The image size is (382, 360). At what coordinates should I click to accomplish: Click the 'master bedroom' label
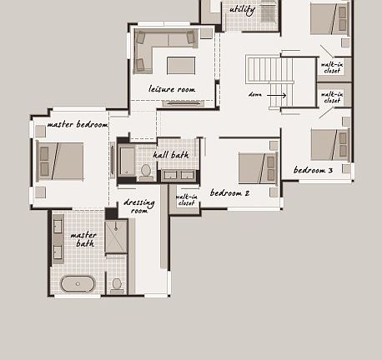coord(78,124)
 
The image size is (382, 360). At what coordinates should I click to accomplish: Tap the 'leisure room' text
coord(171,89)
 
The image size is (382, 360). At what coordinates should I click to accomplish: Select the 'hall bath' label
coord(170,154)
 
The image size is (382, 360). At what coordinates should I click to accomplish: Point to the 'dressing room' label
coord(138,207)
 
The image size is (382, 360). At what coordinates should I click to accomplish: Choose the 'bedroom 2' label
coord(229,193)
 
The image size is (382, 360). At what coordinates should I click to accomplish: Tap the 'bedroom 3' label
coord(313,170)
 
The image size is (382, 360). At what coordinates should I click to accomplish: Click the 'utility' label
coord(242,10)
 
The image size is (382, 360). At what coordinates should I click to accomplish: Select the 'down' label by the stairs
coord(255,95)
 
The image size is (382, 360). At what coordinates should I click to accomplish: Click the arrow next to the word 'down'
coord(278,95)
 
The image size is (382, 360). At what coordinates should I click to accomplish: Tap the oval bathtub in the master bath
coord(78,283)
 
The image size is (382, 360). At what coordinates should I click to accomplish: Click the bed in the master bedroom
coord(61,161)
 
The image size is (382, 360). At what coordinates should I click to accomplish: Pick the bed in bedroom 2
coord(257,167)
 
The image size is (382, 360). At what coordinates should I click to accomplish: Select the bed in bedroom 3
coord(329,144)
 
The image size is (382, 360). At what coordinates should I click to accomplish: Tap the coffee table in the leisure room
coord(181,65)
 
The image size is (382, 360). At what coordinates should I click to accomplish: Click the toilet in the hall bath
coord(146,171)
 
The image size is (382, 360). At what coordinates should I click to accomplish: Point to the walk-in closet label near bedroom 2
coord(186,200)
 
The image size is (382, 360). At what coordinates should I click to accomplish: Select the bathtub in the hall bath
coord(127,161)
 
